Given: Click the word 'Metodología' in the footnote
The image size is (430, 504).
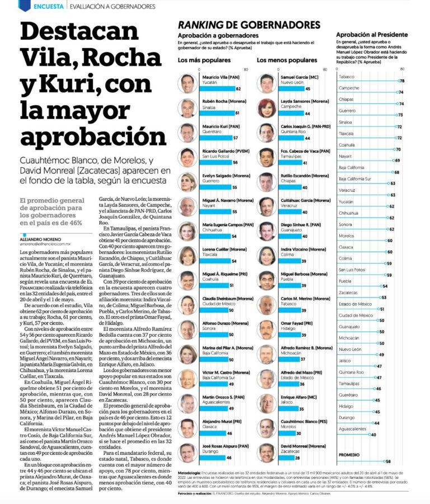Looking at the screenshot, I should [x=192, y=473].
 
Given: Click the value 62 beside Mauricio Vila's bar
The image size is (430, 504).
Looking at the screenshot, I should [x=238, y=89].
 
